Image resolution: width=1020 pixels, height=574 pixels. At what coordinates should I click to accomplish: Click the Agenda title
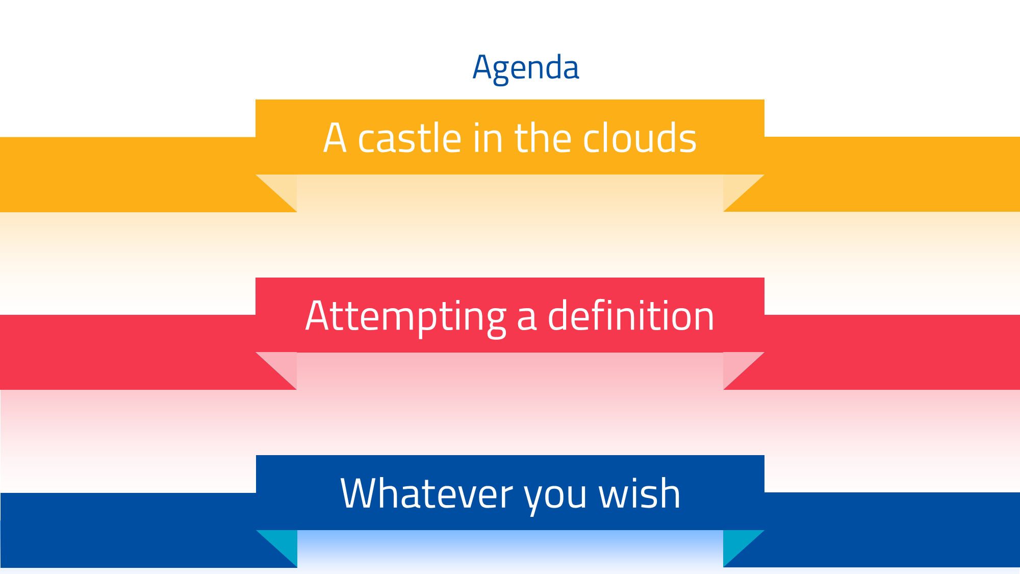pyautogui.click(x=526, y=67)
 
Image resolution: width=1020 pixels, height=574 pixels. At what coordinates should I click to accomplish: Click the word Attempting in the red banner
pyautogui.click(x=405, y=316)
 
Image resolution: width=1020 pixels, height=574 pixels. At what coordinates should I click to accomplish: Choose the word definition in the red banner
pyautogui.click(x=631, y=316)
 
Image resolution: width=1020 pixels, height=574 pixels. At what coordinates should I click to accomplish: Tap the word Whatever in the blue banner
pyautogui.click(x=426, y=494)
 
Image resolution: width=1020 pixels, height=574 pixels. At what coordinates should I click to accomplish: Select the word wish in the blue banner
pyautogui.click(x=639, y=493)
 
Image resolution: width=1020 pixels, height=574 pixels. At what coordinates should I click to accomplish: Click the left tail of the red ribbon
pyautogui.click(x=127, y=352)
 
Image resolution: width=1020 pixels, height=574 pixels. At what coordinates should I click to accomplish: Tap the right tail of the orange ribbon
pyautogui.click(x=892, y=174)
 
